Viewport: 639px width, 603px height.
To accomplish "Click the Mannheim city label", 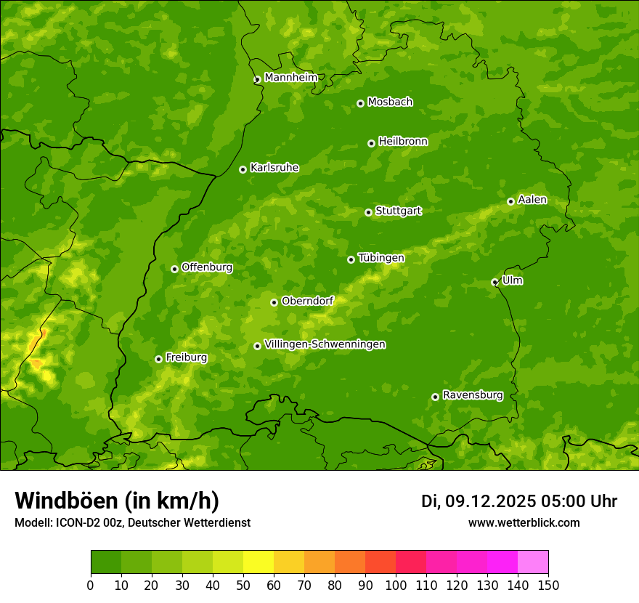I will (290, 78).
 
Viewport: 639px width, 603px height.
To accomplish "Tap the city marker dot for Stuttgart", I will (368, 212).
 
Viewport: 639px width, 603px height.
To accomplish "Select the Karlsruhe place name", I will (274, 168).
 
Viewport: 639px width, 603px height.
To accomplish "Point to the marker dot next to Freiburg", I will (158, 359).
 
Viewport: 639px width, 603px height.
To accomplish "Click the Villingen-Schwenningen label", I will (325, 344).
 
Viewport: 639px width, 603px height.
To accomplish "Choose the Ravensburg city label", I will (472, 395).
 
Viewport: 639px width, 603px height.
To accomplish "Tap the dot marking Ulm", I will (494, 282).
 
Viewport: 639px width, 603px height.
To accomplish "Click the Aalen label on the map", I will (532, 200).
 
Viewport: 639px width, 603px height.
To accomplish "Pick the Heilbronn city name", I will (403, 142).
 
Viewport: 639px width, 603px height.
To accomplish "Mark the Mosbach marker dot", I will (360, 103).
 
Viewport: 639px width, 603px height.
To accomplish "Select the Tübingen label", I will (381, 258).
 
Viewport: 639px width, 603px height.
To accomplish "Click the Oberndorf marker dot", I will (274, 302).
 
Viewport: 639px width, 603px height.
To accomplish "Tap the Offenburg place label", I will (207, 267).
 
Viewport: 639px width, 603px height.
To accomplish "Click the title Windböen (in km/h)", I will (117, 501).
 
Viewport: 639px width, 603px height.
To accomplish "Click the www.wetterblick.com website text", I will (524, 522).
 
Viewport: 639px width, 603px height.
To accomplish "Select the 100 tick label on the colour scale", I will (396, 585).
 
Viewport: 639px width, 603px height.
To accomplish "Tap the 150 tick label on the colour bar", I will (548, 585).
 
